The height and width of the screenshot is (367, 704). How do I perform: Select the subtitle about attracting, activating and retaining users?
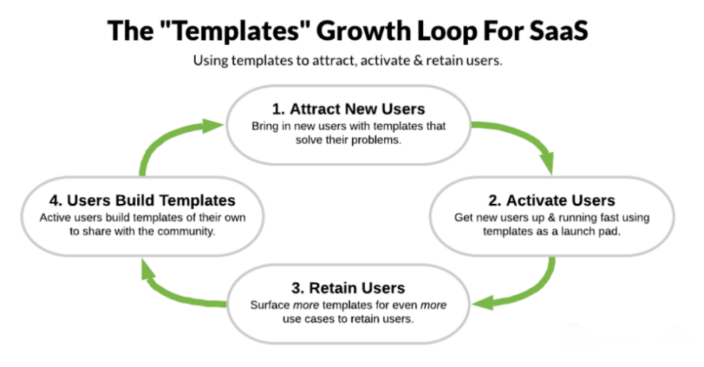click(348, 61)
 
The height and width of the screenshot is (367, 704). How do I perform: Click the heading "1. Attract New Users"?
click(348, 109)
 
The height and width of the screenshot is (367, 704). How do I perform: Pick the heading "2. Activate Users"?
click(552, 200)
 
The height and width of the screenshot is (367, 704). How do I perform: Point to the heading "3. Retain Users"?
click(348, 287)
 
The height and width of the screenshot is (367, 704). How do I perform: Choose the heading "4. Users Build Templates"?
click(143, 200)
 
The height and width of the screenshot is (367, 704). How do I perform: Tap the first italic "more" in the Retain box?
click(306, 305)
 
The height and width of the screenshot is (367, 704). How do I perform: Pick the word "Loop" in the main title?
click(447, 31)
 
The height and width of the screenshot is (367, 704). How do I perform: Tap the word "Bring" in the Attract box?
click(265, 127)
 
